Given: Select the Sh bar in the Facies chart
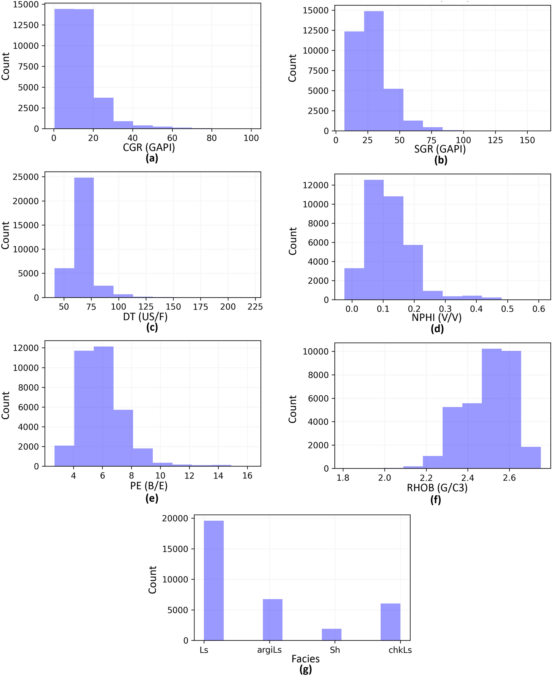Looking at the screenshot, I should pos(331,635).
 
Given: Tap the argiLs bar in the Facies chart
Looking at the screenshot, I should pos(273,619).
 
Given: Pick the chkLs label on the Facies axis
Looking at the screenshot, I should pos(400,650).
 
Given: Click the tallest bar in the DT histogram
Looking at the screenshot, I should pos(84,238).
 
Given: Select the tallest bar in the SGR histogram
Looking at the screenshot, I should pos(374,71).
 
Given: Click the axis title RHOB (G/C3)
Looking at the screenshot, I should pos(437,487).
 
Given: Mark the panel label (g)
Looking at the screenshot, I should pos(306,670).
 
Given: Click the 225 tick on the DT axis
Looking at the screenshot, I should pos(255,307).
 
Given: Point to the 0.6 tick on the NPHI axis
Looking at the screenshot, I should pos(538,309).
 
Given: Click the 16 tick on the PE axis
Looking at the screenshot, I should pos(247,476).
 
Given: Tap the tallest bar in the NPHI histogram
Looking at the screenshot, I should pos(374,240).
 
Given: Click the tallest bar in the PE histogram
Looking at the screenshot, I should pos(104,406).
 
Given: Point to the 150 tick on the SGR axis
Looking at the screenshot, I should pos(527,140).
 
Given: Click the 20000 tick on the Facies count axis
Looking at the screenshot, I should pos(175,519).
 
